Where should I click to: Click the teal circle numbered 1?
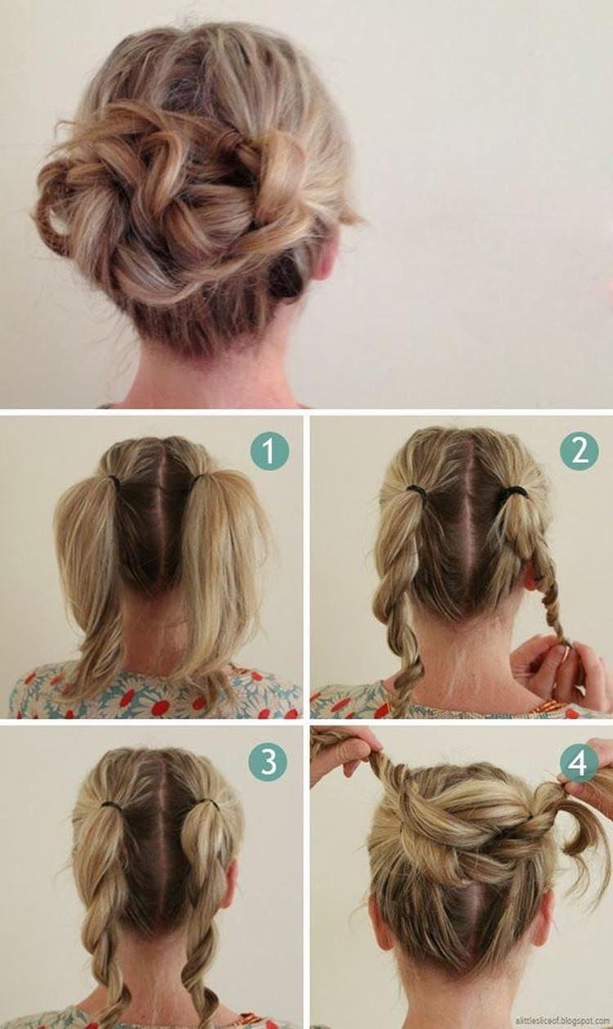(270, 451)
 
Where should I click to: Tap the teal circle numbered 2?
(579, 451)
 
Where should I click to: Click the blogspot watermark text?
(562, 1021)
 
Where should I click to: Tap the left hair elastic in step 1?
(114, 482)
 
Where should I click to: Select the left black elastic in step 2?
(417, 491)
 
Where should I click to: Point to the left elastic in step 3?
(112, 807)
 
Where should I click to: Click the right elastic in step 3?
(210, 804)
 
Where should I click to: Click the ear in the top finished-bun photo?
(328, 254)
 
